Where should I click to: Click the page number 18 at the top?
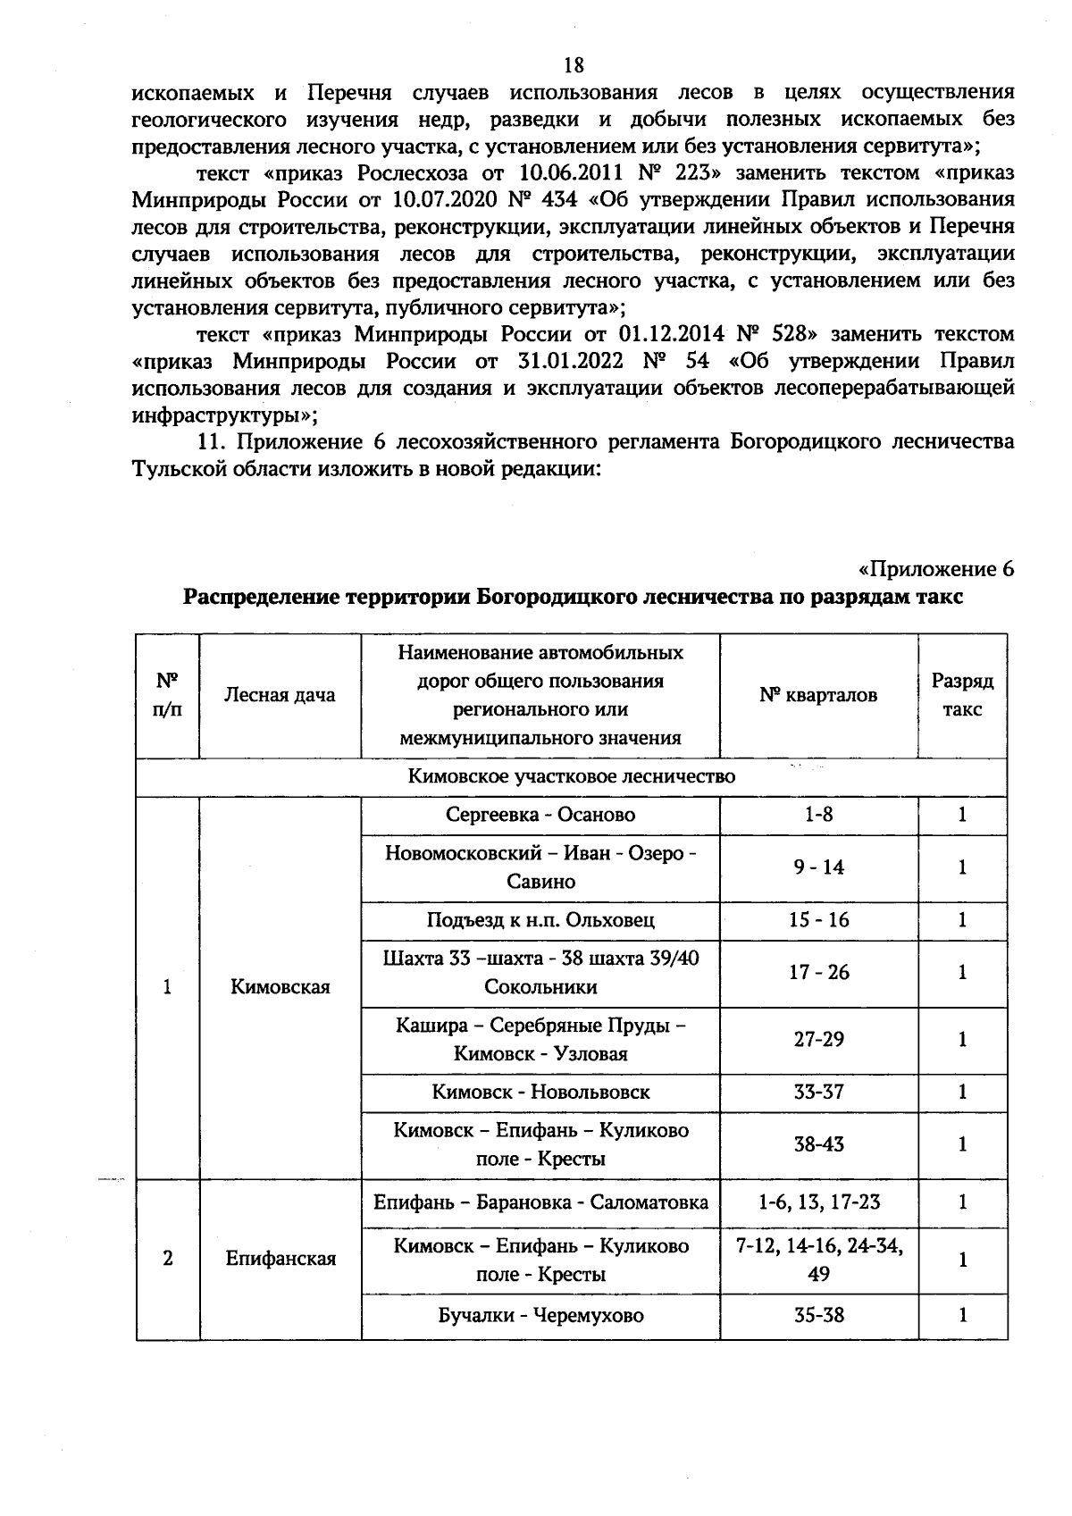click(x=573, y=64)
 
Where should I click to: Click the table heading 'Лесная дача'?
click(x=280, y=695)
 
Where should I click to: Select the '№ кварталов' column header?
click(x=818, y=695)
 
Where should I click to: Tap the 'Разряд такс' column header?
click(x=962, y=695)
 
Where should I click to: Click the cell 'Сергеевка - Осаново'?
click(x=540, y=815)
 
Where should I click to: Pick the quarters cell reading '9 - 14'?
click(x=818, y=867)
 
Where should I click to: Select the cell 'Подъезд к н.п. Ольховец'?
click(x=540, y=920)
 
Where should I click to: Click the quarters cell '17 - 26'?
click(x=818, y=972)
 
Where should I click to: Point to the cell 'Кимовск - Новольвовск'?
click(x=540, y=1092)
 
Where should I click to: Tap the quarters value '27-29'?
click(x=818, y=1039)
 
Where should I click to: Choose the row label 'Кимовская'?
click(x=280, y=987)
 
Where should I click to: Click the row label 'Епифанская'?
click(x=280, y=1259)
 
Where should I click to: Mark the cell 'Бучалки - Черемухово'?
click(x=540, y=1315)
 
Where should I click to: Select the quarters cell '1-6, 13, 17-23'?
click(x=818, y=1202)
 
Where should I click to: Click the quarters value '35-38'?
click(x=818, y=1315)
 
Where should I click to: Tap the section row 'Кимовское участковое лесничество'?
click(x=572, y=776)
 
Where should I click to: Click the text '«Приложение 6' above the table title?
click(x=935, y=569)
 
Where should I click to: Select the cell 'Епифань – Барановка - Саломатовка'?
click(x=540, y=1202)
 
